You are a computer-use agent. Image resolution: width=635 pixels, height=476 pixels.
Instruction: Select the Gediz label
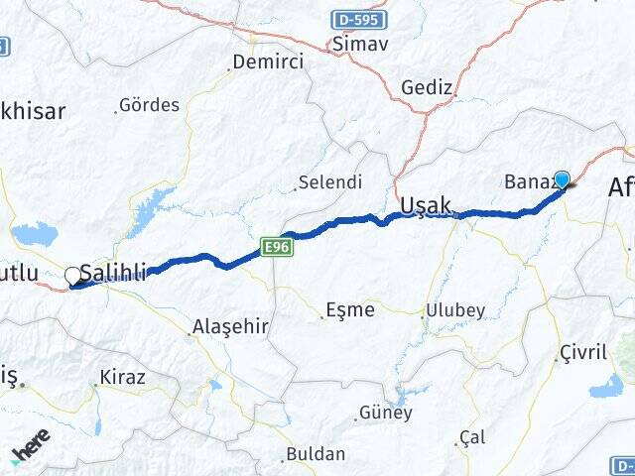pos(427,88)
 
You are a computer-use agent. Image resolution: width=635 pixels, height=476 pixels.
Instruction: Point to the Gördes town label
pos(149,105)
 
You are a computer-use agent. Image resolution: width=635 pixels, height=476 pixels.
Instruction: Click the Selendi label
pos(330,182)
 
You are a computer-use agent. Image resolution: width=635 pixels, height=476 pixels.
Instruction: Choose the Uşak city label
pos(426,205)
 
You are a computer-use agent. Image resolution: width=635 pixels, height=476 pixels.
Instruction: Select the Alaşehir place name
pos(230,325)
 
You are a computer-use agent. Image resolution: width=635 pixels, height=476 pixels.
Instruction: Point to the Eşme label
pos(351,310)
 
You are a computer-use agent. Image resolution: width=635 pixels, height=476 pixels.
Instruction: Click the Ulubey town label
pos(455,310)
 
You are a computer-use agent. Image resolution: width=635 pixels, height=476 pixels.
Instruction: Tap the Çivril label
pos(582,353)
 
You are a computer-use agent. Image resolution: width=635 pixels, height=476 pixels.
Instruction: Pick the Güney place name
pos(385,413)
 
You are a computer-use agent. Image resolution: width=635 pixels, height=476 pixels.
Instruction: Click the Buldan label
pos(316,454)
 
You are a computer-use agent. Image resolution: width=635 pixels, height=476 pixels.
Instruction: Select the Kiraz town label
pos(122,378)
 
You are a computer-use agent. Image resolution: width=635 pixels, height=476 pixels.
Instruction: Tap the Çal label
pos(473,437)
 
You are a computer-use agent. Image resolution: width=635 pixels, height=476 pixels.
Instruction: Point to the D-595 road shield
pos(358,19)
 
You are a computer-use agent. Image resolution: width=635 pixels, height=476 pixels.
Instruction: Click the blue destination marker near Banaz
pos(563,179)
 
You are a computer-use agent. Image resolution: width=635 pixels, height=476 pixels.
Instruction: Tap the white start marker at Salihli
pos(72,276)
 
